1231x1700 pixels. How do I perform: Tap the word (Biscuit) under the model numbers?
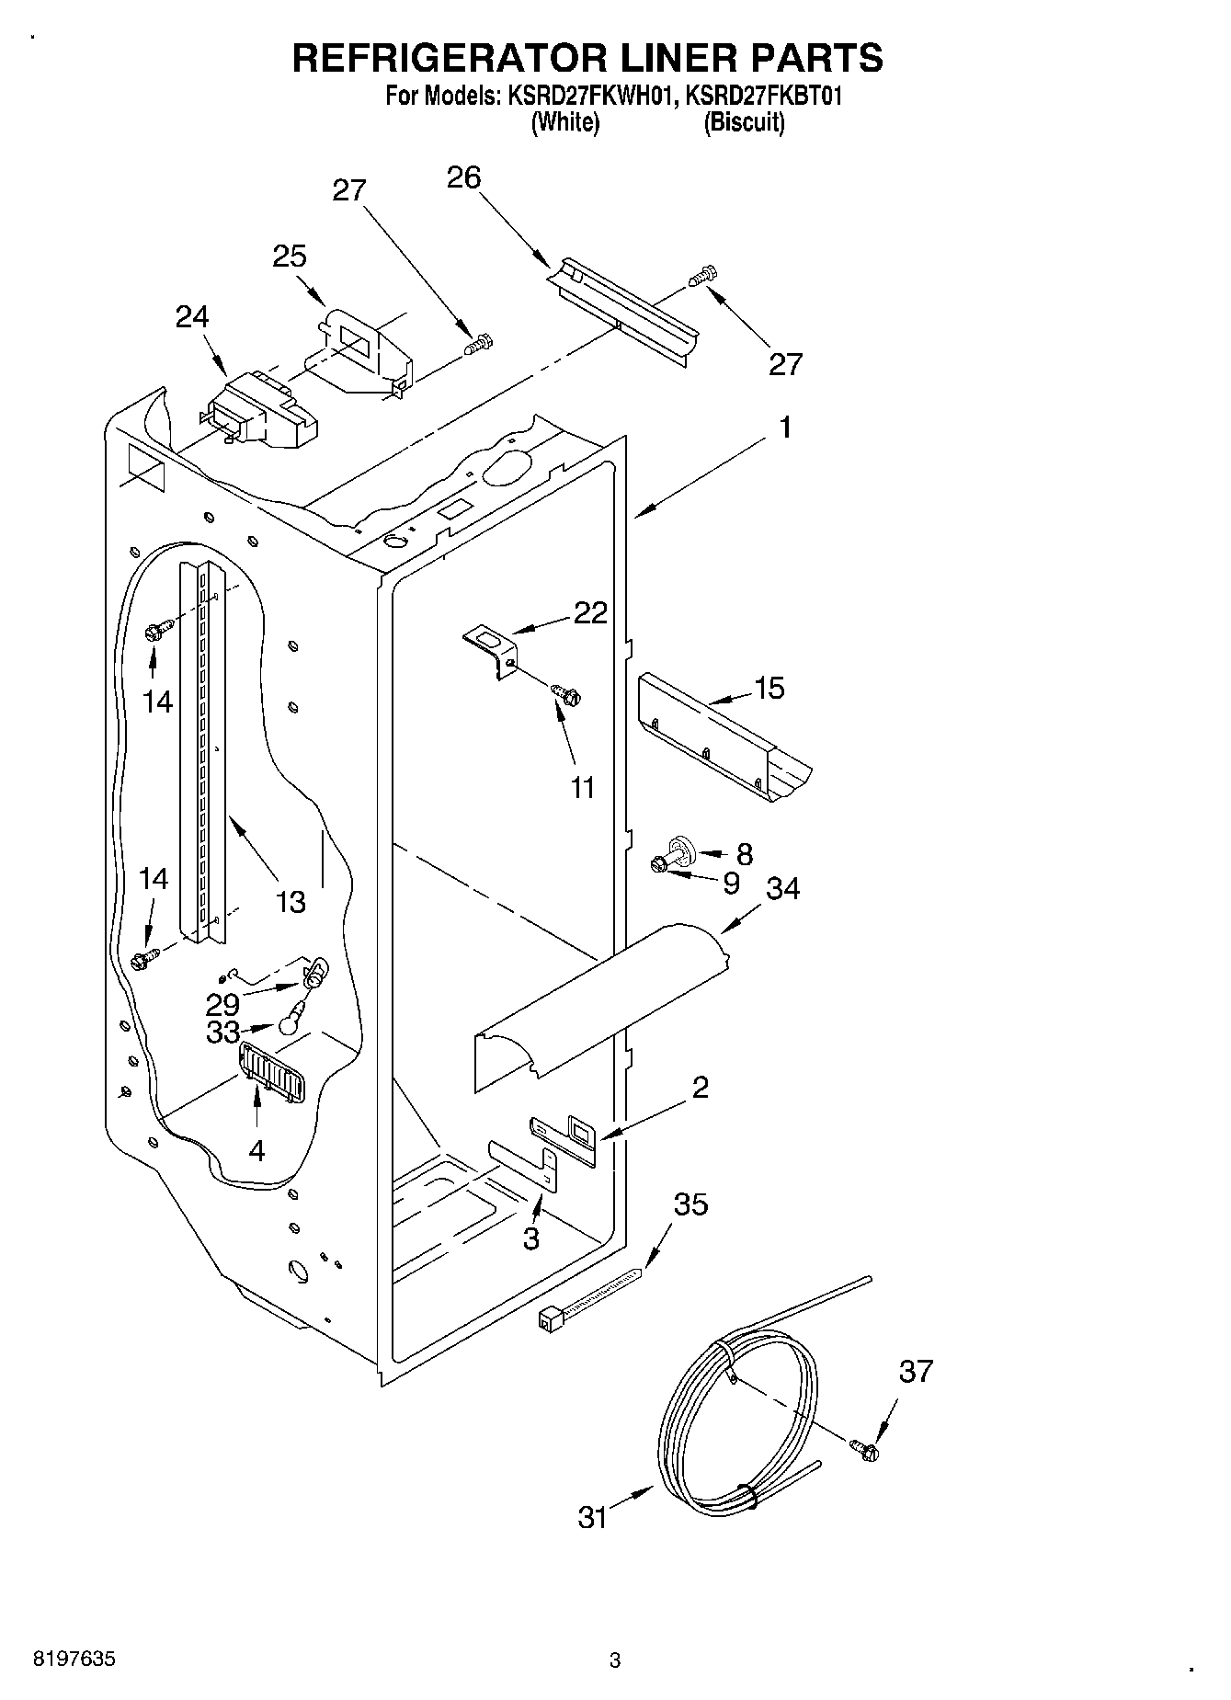click(744, 122)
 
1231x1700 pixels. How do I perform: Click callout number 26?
click(463, 177)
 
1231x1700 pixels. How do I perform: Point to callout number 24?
click(192, 316)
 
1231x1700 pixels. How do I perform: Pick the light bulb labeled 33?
click(291, 1019)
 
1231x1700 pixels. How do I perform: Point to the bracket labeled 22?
click(490, 647)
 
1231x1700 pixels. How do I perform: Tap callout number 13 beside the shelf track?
click(291, 902)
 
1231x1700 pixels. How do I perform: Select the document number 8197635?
click(74, 1660)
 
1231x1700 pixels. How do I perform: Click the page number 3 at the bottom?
click(615, 1660)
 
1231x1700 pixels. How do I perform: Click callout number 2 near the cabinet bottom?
click(700, 1088)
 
